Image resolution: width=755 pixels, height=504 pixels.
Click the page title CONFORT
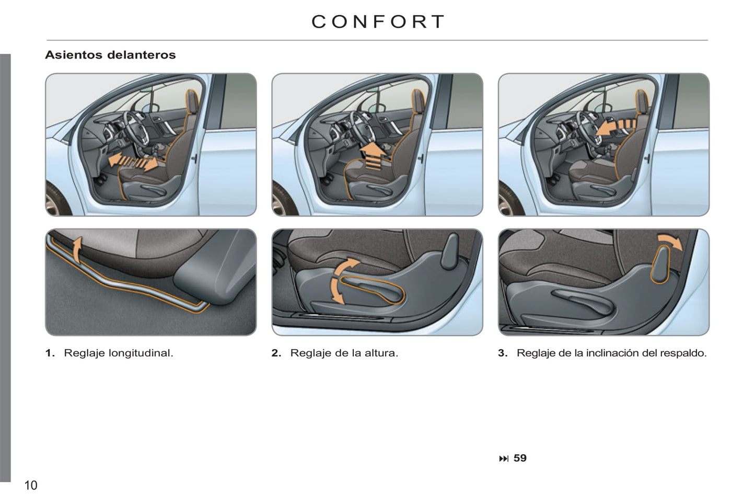pos(377,22)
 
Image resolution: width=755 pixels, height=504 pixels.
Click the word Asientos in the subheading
pos(74,55)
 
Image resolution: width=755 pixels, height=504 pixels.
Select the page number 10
pos(31,486)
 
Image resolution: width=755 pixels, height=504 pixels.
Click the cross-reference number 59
pos(520,458)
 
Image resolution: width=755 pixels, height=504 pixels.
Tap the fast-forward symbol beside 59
pos(504,459)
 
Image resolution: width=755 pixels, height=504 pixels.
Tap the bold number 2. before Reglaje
pos(276,353)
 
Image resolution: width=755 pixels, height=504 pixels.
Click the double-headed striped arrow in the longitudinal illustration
pos(133,162)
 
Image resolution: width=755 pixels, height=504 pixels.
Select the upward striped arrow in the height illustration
pos(373,156)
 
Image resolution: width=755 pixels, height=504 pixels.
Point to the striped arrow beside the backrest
pos(615,128)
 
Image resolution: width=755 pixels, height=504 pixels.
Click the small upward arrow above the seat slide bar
pos(77,249)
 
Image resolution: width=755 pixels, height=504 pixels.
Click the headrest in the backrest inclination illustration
pos(642,101)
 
